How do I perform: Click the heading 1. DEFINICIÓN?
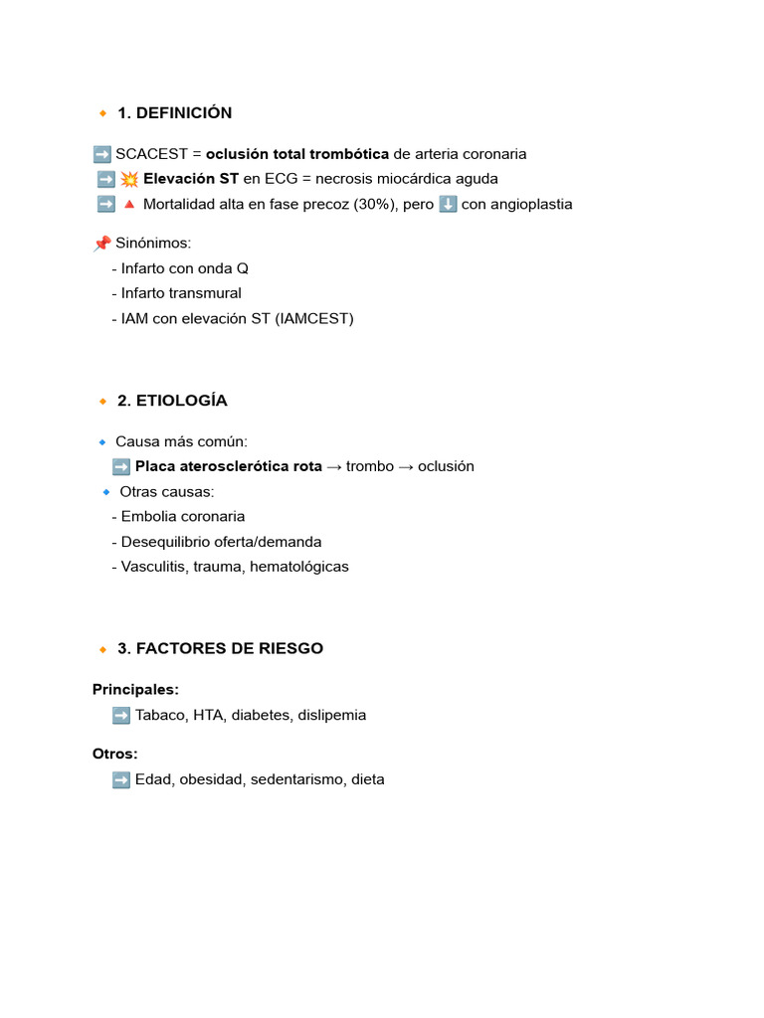coord(174,113)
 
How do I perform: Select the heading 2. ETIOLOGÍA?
coord(172,401)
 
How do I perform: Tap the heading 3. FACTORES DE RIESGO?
coord(220,648)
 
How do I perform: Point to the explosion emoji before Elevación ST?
coord(129,179)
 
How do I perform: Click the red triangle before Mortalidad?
coord(129,205)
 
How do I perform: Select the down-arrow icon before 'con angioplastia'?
coord(448,205)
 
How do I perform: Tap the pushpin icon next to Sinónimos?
coord(101,244)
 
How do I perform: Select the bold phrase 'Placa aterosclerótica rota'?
coord(229,466)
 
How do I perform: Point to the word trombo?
coord(370,466)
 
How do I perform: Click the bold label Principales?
coord(136,689)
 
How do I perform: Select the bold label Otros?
coord(115,754)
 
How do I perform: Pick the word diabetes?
coord(261,715)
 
